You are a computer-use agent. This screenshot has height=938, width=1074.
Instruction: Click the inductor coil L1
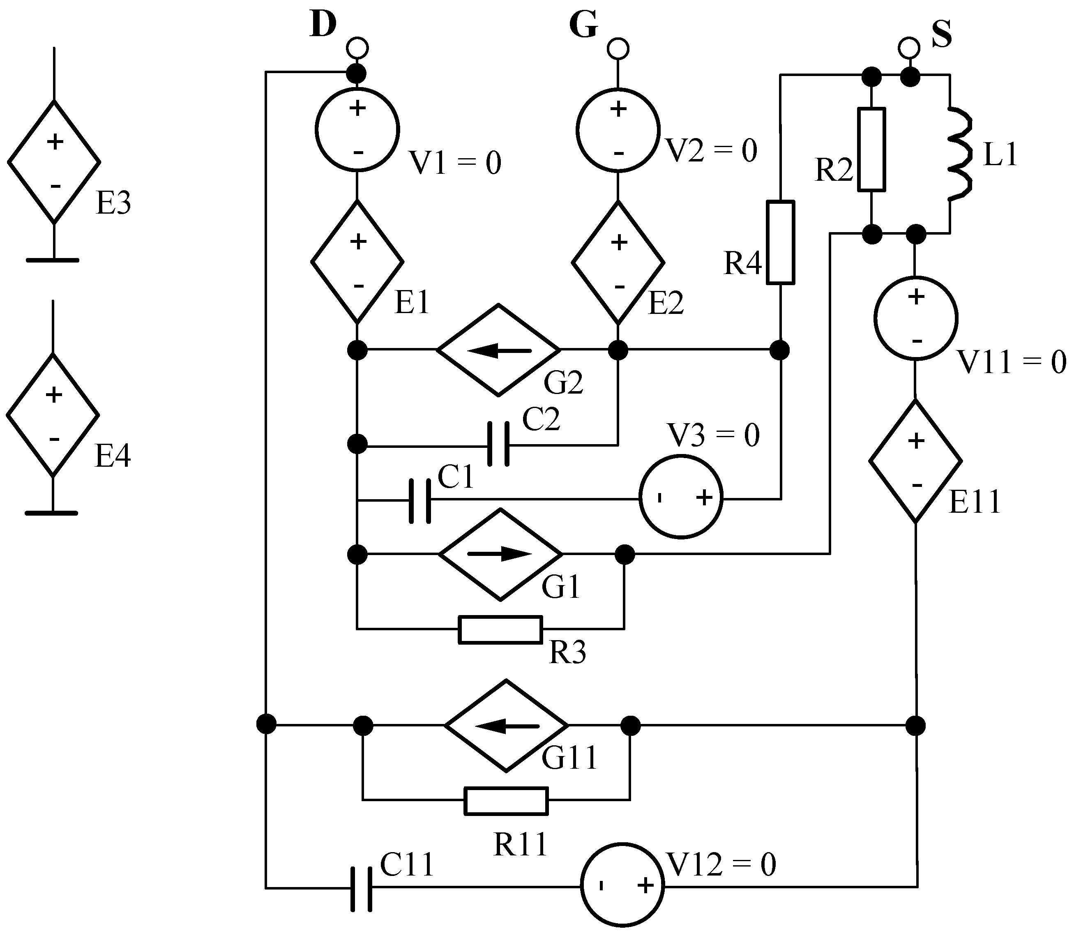[x=961, y=154]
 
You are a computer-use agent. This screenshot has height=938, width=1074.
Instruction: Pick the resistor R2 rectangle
[x=871, y=149]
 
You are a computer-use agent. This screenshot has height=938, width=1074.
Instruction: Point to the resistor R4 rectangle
[x=780, y=242]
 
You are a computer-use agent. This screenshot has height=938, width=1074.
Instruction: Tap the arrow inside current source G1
[x=500, y=554]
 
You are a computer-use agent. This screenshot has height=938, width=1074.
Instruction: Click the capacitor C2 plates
[x=498, y=445]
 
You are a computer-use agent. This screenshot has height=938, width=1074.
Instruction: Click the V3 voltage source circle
[x=681, y=496]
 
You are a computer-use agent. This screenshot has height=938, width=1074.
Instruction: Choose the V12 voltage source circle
[x=622, y=885]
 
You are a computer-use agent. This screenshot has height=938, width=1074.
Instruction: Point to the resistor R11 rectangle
[x=506, y=801]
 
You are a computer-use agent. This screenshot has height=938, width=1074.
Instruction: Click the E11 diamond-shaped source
[x=915, y=461]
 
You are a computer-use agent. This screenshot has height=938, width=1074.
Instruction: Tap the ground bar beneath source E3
[x=52, y=260]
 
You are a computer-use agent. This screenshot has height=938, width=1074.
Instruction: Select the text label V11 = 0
[x=1011, y=362]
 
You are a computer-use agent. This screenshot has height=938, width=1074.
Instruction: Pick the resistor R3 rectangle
[x=500, y=629]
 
